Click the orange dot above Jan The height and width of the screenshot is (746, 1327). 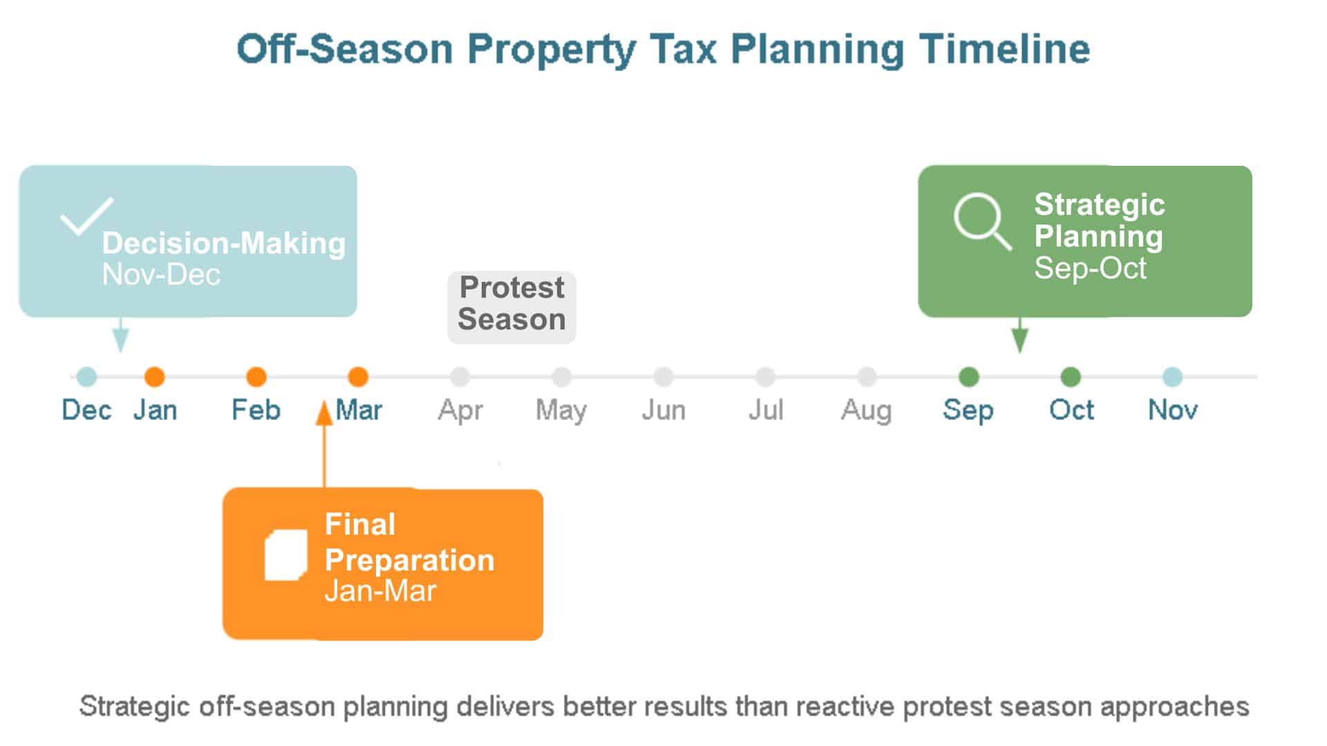tap(154, 377)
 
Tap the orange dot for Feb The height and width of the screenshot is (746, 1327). tap(256, 377)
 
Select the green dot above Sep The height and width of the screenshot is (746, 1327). tap(969, 377)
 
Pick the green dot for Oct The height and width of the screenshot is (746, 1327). tap(1071, 377)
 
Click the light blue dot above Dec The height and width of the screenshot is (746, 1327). tap(86, 377)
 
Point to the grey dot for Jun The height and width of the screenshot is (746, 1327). tap(663, 377)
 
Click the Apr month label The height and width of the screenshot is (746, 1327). tap(460, 411)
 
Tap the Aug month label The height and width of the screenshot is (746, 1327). tap(866, 411)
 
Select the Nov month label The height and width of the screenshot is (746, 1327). tap(1173, 410)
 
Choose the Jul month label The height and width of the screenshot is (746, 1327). tap(766, 410)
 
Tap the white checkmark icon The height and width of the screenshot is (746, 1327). tap(87, 216)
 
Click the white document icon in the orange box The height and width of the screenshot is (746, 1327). tap(286, 555)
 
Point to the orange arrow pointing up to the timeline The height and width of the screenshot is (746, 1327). tap(324, 445)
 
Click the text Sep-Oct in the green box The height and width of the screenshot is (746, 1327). tap(1090, 269)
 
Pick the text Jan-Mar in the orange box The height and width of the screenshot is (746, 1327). tap(380, 591)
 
